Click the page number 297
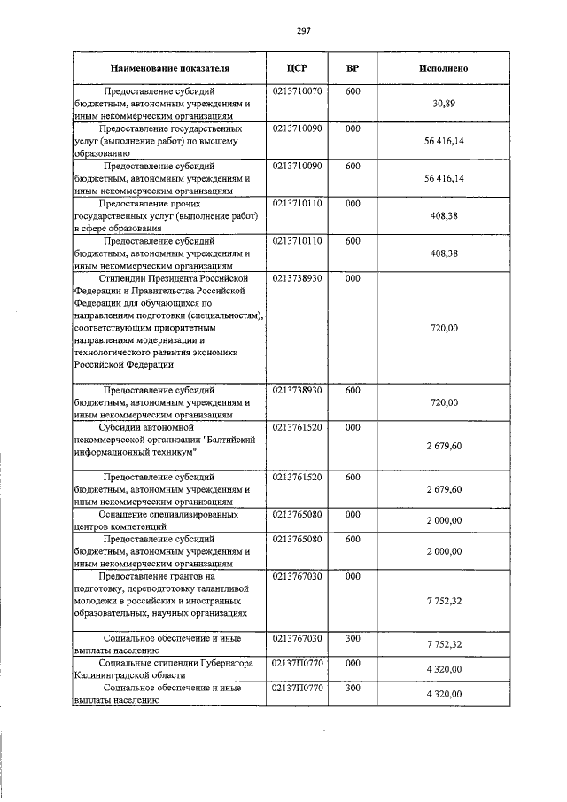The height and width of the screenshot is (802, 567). [x=303, y=30]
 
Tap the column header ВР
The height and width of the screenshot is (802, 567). [x=353, y=68]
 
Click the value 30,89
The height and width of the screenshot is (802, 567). [x=443, y=104]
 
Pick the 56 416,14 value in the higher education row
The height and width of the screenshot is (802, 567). [x=443, y=141]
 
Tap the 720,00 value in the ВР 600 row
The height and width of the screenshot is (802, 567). [x=443, y=402]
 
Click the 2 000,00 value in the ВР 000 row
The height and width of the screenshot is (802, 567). [x=443, y=520]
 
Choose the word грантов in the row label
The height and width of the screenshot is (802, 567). [x=194, y=575]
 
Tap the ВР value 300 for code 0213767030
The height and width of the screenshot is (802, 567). [x=353, y=637]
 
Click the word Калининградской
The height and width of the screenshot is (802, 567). [x=109, y=674]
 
